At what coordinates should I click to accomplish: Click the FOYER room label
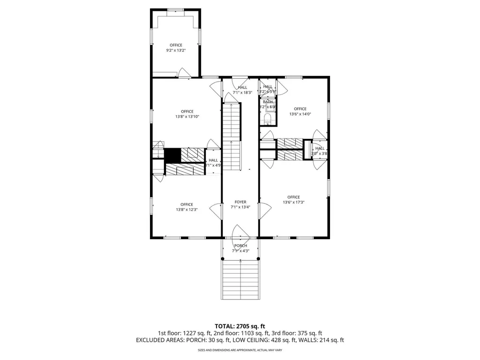240,202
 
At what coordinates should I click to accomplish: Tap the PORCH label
240,246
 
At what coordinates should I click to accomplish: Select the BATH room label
268,102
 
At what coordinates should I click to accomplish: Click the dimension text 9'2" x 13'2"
176,51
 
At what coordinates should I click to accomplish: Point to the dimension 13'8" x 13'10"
187,117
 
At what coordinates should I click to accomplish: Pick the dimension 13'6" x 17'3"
293,202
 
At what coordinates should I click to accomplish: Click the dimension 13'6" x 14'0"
300,114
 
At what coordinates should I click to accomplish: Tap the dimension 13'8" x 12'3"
187,210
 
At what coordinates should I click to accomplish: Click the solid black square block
172,155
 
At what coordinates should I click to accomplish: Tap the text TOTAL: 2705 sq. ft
240,326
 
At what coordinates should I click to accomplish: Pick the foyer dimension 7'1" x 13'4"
240,207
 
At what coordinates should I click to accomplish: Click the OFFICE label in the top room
176,45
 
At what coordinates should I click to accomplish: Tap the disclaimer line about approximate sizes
240,350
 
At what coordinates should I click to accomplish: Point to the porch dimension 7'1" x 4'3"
240,251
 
